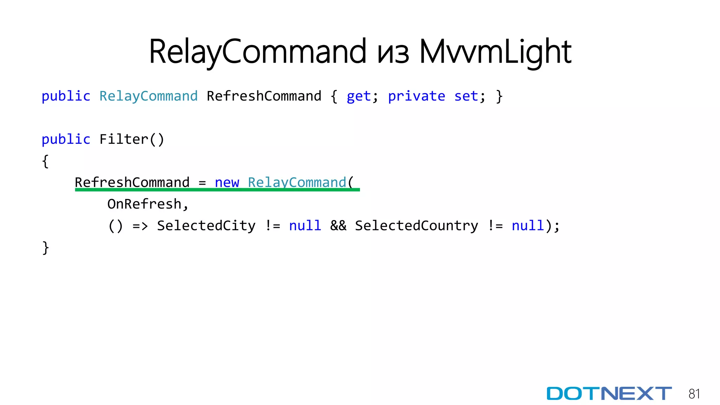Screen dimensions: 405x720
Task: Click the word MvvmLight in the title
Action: pyautogui.click(x=495, y=52)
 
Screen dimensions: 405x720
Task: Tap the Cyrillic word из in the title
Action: pyautogui.click(x=393, y=53)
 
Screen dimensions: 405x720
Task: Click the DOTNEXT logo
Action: pyautogui.click(x=609, y=393)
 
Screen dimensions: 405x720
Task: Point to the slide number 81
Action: pyautogui.click(x=694, y=394)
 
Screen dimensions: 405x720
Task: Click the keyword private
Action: pyautogui.click(x=416, y=96)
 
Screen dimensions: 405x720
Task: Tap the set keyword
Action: pyautogui.click(x=466, y=96)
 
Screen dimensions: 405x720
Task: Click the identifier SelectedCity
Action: pyautogui.click(x=206, y=226)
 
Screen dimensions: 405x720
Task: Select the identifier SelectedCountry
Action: pyautogui.click(x=416, y=226)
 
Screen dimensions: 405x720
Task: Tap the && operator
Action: pyautogui.click(x=338, y=226)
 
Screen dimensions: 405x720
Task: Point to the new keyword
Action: pyautogui.click(x=227, y=182)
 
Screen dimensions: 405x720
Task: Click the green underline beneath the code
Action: pyautogui.click(x=217, y=190)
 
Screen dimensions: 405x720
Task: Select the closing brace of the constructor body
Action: pyautogui.click(x=45, y=248)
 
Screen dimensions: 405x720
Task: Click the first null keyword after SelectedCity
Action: pyautogui.click(x=305, y=226)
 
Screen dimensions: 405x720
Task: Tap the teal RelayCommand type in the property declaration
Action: pyautogui.click(x=148, y=96)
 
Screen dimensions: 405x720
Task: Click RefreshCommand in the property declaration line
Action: pyautogui.click(x=264, y=96)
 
